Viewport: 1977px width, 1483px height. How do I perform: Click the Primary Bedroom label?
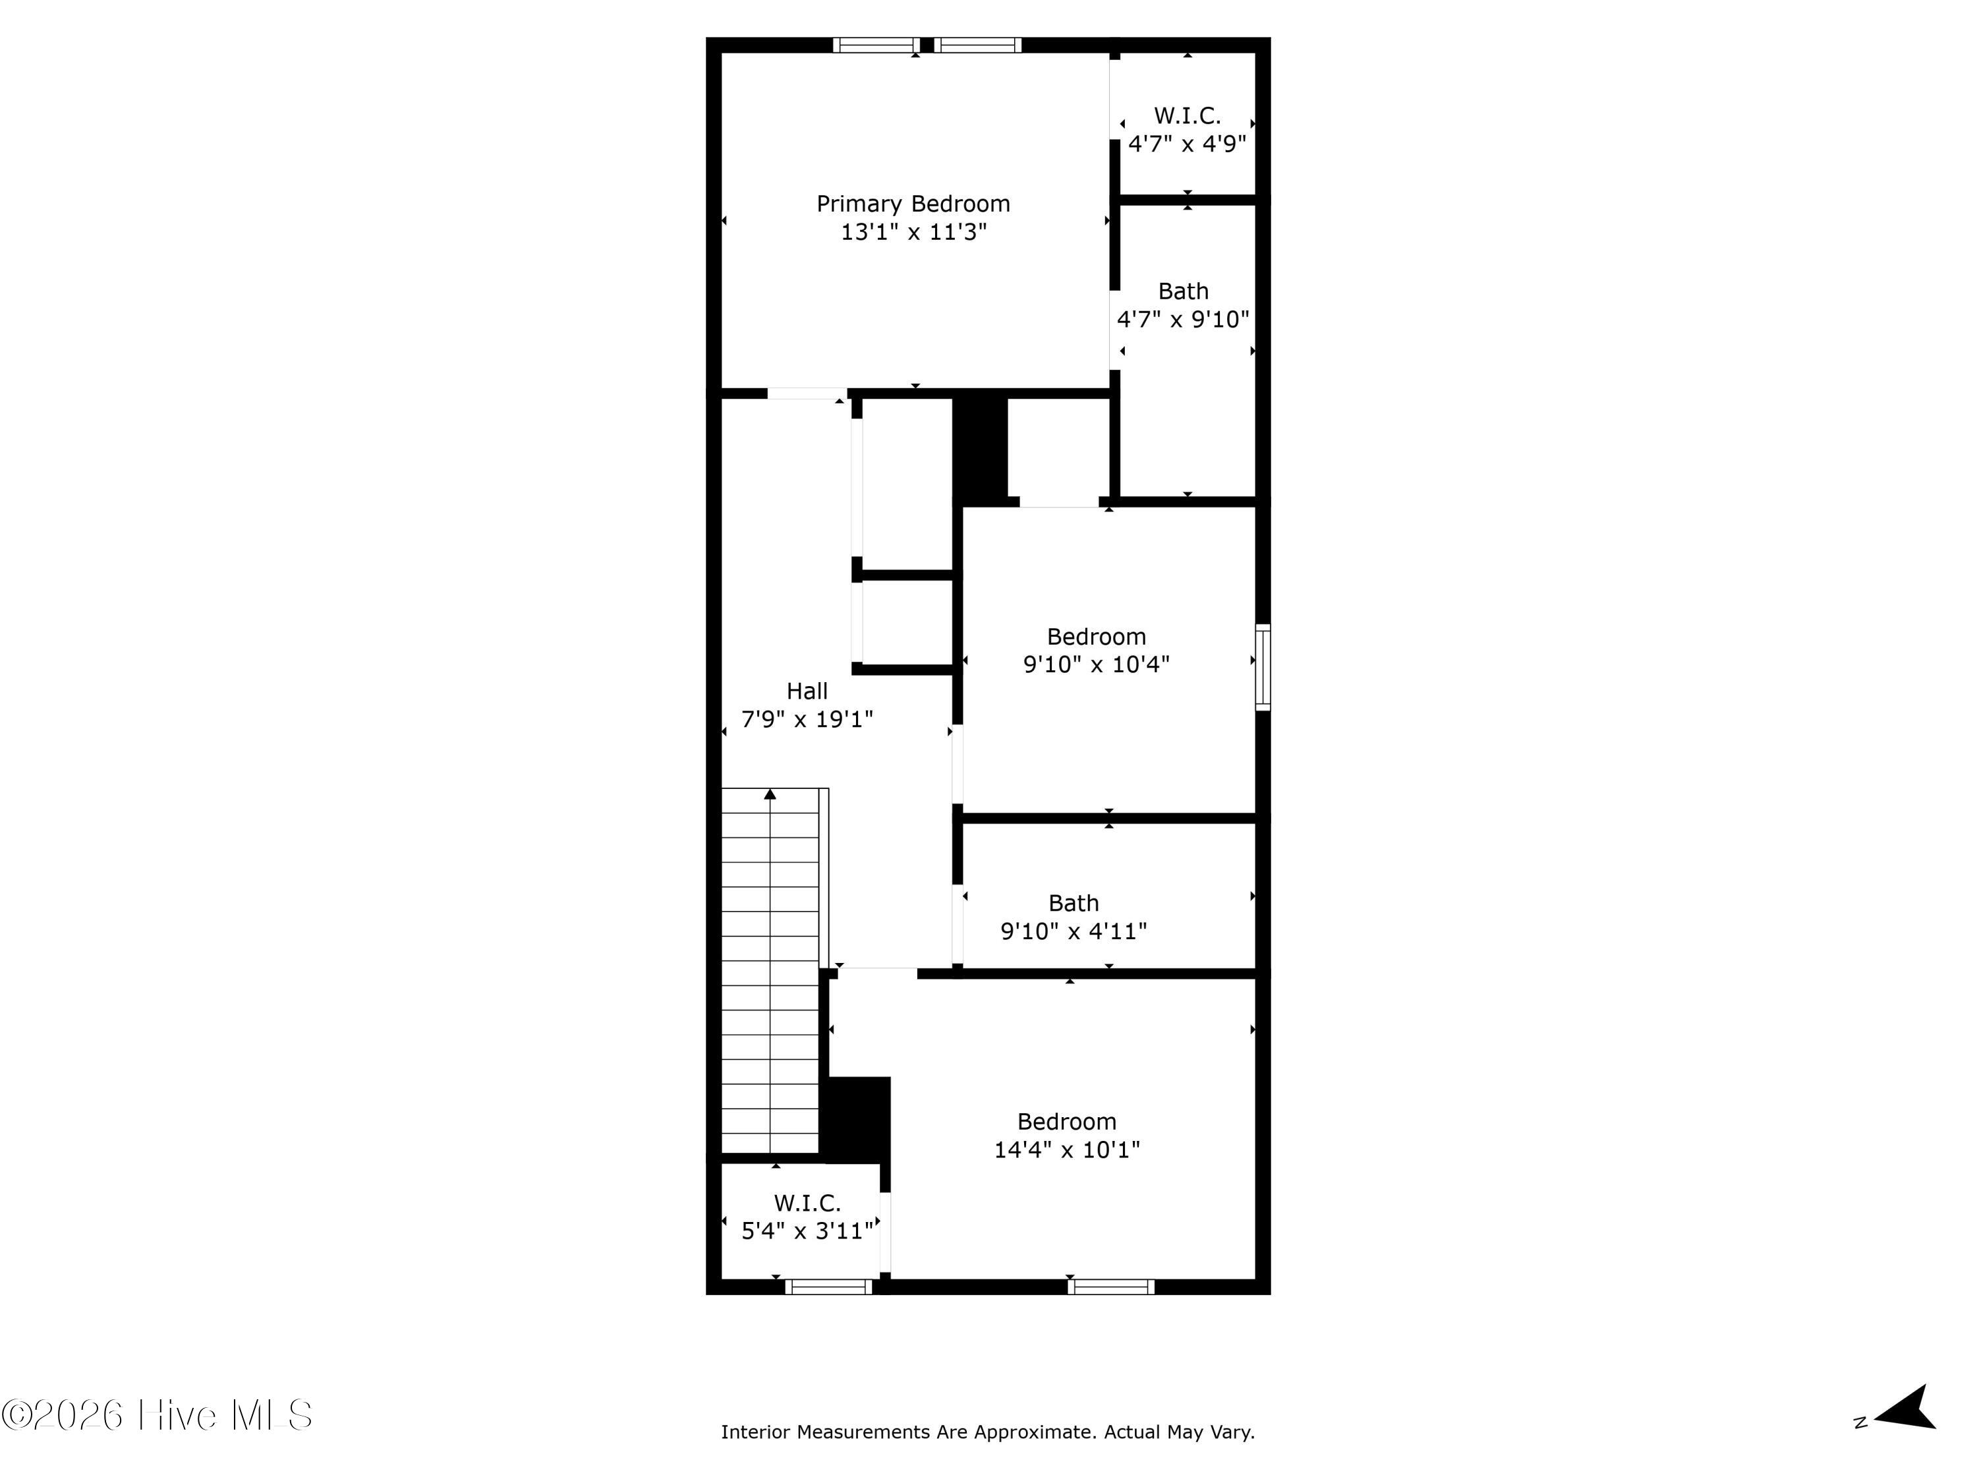(x=913, y=204)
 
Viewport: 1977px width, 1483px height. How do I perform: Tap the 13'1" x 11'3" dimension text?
(x=913, y=233)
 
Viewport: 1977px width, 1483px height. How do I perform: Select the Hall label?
(x=807, y=691)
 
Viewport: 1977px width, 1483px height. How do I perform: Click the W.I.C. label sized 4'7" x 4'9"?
(x=1187, y=115)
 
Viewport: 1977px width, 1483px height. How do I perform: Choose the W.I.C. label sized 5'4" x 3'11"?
(x=807, y=1202)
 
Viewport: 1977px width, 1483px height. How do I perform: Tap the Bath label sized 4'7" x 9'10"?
(x=1184, y=291)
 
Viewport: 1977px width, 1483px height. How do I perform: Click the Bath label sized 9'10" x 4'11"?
(x=1074, y=903)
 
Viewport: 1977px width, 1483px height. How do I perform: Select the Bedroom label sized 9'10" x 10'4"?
(x=1096, y=637)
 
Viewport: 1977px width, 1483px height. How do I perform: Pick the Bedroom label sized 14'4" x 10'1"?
(x=1066, y=1121)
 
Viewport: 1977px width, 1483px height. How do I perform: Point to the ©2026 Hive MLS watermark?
(x=158, y=1415)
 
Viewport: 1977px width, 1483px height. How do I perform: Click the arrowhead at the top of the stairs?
(x=770, y=794)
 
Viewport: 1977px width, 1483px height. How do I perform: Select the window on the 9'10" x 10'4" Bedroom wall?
(x=1263, y=667)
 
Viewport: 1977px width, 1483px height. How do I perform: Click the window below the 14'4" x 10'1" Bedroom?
(x=1111, y=1287)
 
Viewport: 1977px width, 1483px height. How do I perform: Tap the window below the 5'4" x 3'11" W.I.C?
(x=828, y=1287)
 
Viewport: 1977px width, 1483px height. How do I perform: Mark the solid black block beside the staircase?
(x=855, y=1119)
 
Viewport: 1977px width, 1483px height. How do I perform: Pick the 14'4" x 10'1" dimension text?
(x=1067, y=1149)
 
